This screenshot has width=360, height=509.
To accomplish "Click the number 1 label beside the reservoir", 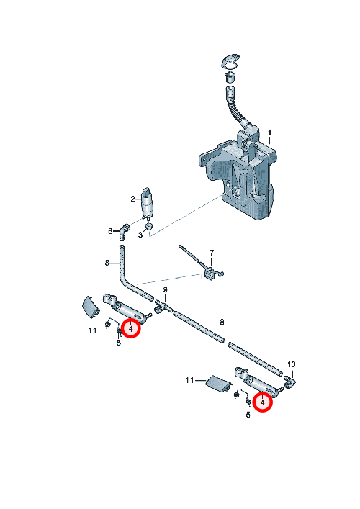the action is tap(269, 133).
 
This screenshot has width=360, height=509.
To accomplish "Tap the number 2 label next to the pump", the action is tap(132, 199).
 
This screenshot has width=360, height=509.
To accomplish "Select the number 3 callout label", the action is tap(140, 235).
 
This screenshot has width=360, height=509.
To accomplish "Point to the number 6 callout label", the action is tap(110, 231).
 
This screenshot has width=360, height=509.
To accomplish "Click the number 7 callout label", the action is tap(212, 253).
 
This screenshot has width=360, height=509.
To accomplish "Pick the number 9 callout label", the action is tap(165, 289).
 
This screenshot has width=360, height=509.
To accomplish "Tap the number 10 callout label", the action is tap(292, 364).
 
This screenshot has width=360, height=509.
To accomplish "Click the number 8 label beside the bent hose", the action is tap(107, 263).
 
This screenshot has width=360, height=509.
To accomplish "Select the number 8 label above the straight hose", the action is tap(222, 322).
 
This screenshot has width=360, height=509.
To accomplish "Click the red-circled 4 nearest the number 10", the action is tap(262, 402).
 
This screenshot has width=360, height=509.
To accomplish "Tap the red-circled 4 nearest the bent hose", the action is tap(130, 328).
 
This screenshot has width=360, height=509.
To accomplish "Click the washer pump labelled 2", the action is tap(147, 203).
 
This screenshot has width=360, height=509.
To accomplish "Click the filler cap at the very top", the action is tap(231, 62).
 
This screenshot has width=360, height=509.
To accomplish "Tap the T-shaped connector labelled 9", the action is tap(162, 306).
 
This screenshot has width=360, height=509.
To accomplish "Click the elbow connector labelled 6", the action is tap(125, 231).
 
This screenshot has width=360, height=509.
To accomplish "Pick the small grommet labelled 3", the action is tap(148, 225).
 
